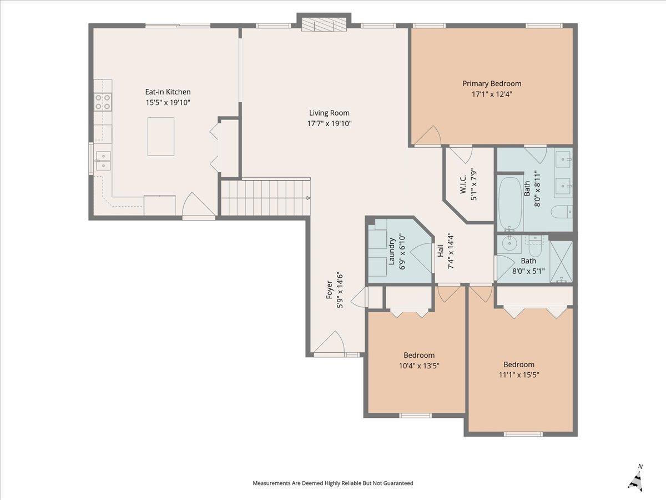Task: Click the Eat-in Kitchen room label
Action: pyautogui.click(x=168, y=92)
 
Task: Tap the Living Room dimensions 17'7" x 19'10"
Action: pyautogui.click(x=329, y=123)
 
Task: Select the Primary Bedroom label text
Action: pyautogui.click(x=492, y=84)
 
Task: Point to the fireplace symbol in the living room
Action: pyautogui.click(x=324, y=24)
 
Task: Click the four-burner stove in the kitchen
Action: pyautogui.click(x=103, y=102)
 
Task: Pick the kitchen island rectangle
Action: pyautogui.click(x=161, y=137)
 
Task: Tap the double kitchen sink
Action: pyautogui.click(x=103, y=161)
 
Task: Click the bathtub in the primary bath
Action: pyautogui.click(x=511, y=203)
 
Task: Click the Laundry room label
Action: pyautogui.click(x=391, y=251)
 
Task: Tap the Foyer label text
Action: pyautogui.click(x=329, y=289)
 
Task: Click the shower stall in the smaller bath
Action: pyautogui.click(x=561, y=261)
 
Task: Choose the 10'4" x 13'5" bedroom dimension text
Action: pyautogui.click(x=419, y=366)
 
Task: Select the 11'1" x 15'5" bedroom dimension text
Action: pyautogui.click(x=519, y=375)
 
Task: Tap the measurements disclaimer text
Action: pyautogui.click(x=333, y=483)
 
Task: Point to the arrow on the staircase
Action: pyautogui.click(x=308, y=198)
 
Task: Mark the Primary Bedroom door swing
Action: pyautogui.click(x=428, y=136)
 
